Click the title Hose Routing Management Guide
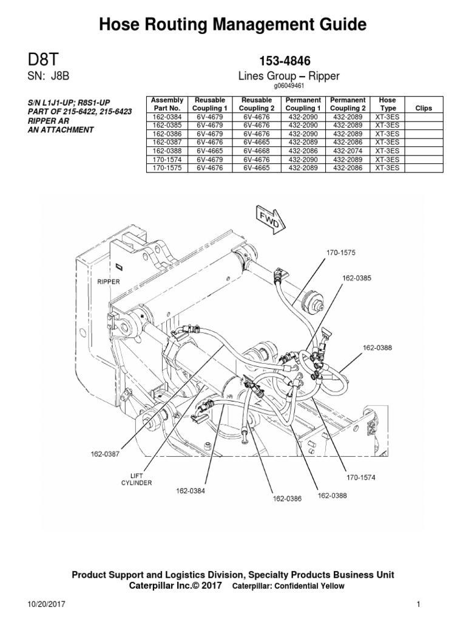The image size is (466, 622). pyautogui.click(x=232, y=24)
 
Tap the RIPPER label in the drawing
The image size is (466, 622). pyautogui.click(x=109, y=282)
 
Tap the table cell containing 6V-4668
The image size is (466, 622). pyautogui.click(x=256, y=151)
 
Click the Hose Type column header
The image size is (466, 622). pyautogui.click(x=387, y=103)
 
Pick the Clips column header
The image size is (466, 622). pyautogui.click(x=423, y=108)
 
